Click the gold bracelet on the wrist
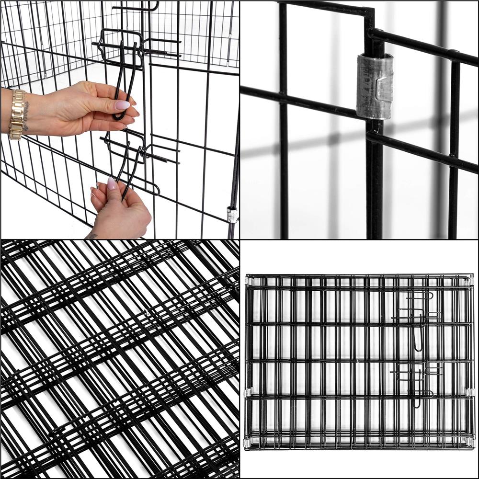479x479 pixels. [x=17, y=114]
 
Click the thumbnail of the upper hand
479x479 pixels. [x=122, y=105]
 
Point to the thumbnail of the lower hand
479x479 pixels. [x=112, y=184]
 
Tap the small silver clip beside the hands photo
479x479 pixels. [x=232, y=215]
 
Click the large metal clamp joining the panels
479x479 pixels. [x=374, y=86]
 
